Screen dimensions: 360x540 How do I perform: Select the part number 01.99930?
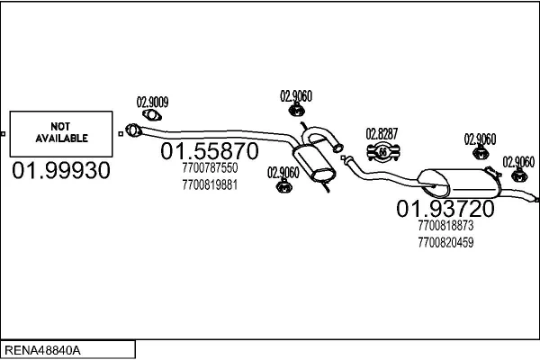click(61, 171)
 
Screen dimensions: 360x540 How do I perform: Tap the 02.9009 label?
click(152, 101)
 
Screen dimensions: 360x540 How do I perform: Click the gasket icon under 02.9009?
click(152, 113)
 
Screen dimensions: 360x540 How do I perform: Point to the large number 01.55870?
click(210, 151)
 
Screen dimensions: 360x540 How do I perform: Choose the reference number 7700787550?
click(209, 168)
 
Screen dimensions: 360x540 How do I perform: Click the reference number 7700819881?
click(209, 184)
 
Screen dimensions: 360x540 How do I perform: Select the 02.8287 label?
click(382, 134)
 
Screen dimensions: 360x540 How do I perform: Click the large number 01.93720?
click(445, 209)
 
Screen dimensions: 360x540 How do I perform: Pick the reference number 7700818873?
click(445, 226)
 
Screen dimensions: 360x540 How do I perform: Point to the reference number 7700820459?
click(445, 242)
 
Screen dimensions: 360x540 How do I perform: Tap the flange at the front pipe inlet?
click(133, 131)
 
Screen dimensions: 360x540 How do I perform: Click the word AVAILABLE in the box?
click(61, 139)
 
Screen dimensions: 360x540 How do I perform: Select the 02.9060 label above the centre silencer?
click(296, 95)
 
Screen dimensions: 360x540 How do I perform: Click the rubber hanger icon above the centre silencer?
click(296, 110)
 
